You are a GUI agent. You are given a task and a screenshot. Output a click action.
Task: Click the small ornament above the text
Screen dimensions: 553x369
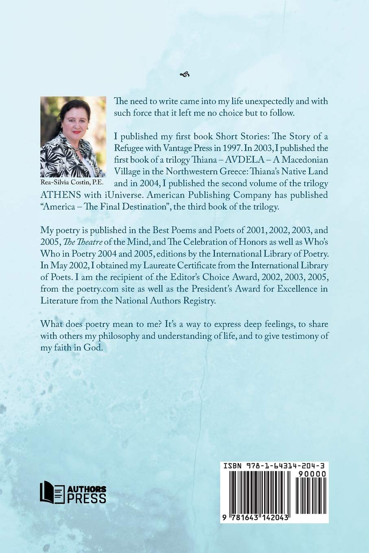[x=184, y=74]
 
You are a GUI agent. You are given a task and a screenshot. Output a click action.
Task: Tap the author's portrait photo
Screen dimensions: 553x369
[x=73, y=137]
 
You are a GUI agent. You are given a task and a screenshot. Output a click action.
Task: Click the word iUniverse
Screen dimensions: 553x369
[x=189, y=195]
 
